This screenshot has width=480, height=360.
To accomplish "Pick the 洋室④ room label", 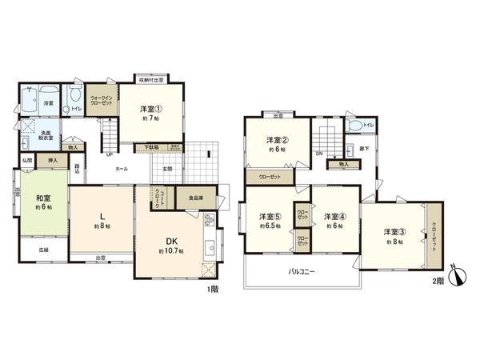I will point(334,217).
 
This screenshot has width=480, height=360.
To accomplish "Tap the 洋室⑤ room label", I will point(269,217).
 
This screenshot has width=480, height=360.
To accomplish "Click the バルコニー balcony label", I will point(302,271).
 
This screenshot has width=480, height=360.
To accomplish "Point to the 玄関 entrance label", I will point(168,168).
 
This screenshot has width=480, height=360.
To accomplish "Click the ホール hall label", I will point(122,169).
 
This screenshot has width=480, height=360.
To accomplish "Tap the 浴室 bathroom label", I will point(48,103).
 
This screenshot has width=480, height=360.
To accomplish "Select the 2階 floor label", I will point(437,281).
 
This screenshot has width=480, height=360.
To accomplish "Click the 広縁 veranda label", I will point(43,250).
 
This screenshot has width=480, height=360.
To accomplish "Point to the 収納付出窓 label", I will point(149,79).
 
